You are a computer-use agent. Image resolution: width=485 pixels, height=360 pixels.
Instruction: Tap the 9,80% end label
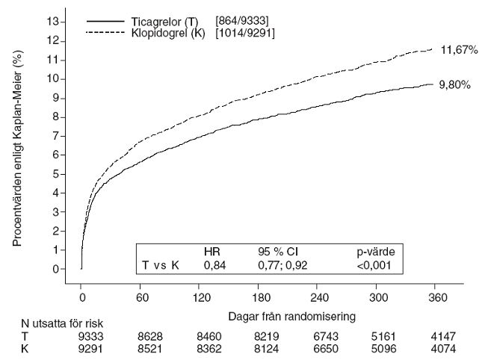[455, 85]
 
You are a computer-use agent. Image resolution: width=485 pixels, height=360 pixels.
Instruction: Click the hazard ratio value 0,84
[214, 264]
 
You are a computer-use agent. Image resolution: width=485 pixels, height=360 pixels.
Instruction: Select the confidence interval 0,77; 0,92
[283, 264]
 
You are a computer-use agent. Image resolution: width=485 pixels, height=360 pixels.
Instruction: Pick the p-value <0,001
[373, 264]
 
